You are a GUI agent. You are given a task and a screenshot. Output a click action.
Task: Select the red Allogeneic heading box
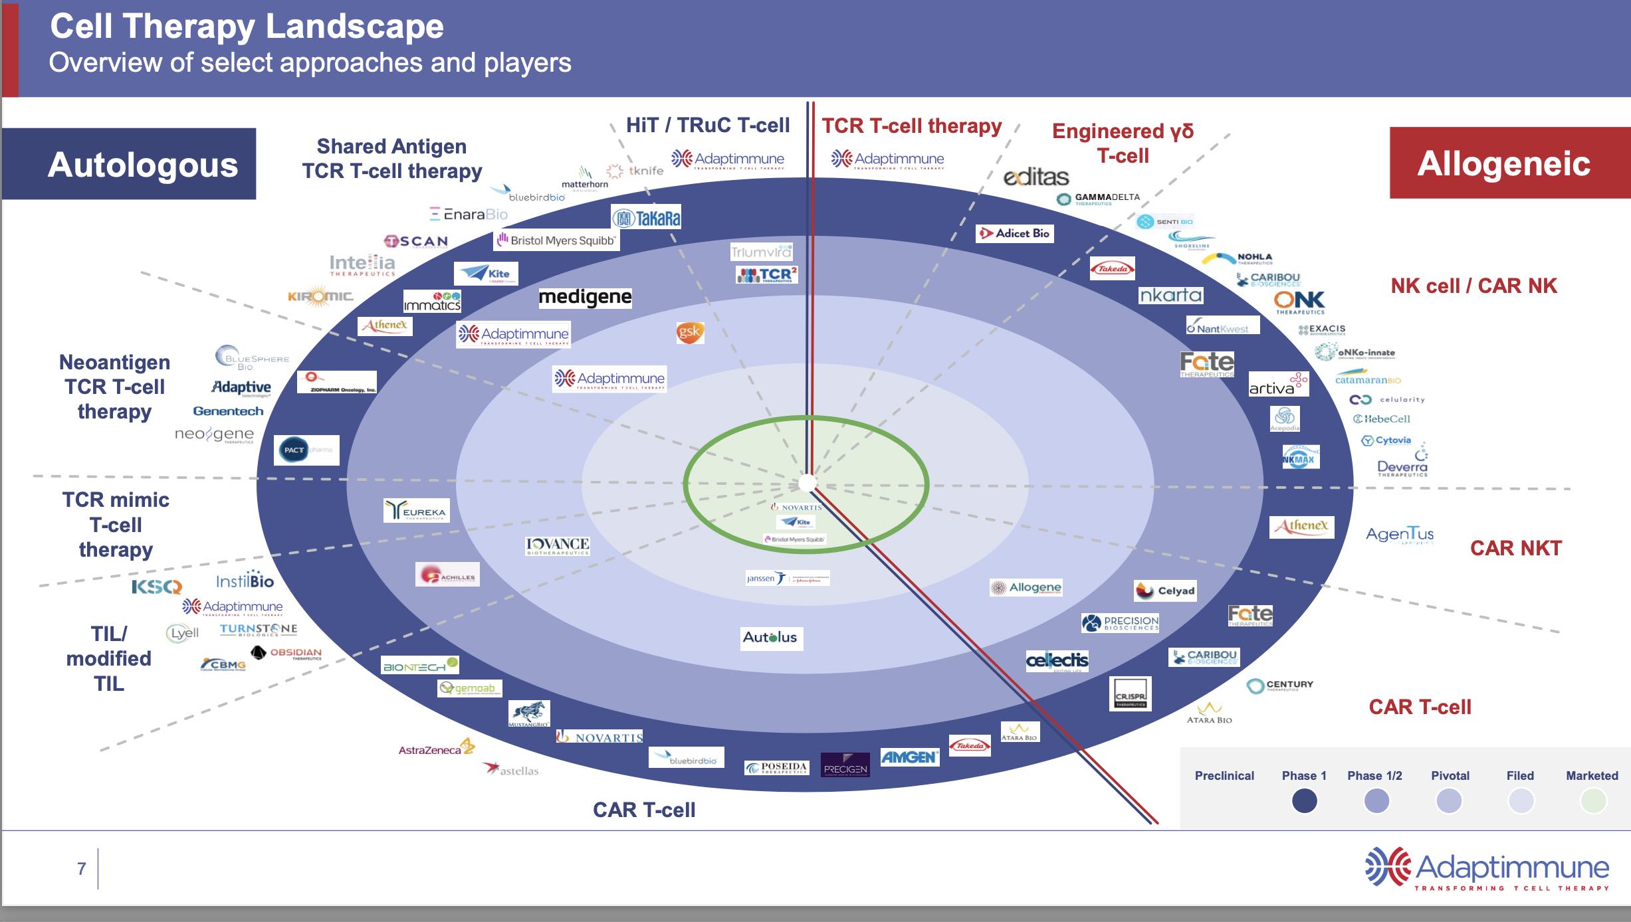[x=1503, y=163]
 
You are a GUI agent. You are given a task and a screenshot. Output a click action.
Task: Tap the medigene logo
[x=585, y=297]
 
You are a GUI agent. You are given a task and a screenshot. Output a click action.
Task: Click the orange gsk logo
[x=689, y=332]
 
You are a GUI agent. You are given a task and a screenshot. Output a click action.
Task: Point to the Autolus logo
[x=770, y=638]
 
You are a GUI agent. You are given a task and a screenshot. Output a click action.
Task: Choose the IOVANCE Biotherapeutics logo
[x=558, y=546]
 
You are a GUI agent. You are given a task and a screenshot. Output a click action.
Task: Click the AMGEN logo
[x=909, y=757]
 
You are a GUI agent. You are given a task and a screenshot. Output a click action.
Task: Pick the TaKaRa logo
[x=646, y=218]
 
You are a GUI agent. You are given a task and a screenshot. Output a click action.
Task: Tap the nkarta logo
[x=1170, y=295]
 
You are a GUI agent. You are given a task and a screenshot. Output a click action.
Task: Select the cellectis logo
[x=1057, y=660]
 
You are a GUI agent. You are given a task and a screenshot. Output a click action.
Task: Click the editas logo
[x=1035, y=177]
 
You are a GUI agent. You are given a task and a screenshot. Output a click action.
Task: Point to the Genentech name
[x=228, y=411]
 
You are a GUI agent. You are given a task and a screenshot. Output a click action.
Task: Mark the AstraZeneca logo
[x=436, y=749]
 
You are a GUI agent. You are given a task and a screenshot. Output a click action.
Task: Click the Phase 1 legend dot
[x=1304, y=800]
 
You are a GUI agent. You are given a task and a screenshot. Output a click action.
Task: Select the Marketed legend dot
[x=1592, y=800]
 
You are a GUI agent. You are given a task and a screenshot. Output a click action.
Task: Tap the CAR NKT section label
[x=1515, y=548]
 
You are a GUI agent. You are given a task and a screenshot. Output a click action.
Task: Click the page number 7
[x=82, y=868]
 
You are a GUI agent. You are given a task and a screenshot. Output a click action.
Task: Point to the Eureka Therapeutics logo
[x=417, y=511]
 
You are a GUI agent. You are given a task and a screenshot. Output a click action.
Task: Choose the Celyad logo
[x=1165, y=591]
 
